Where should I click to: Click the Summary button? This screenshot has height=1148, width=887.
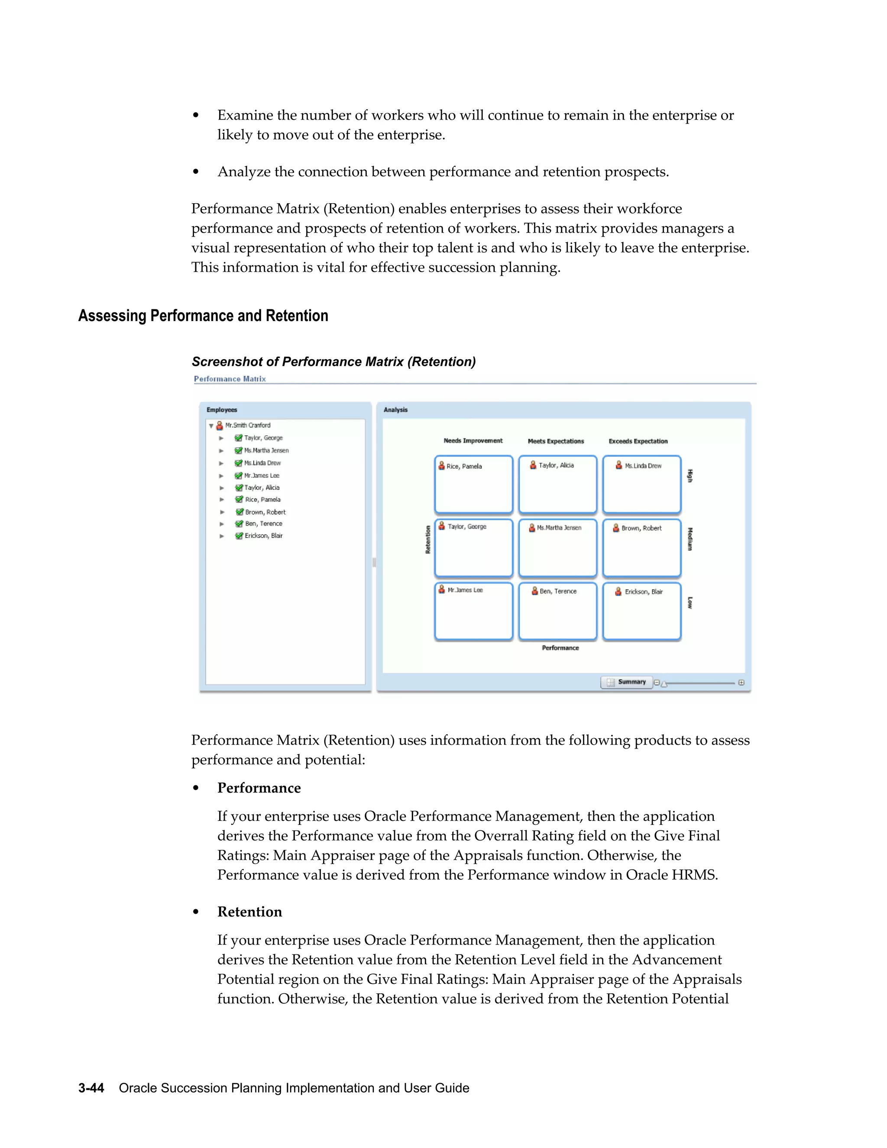pos(626,682)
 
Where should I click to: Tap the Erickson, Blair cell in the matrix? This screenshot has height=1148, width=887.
pos(641,611)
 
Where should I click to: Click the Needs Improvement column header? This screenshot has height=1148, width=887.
pos(473,441)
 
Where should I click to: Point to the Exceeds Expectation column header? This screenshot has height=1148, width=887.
pos(638,441)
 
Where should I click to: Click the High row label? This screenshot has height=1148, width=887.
pos(690,476)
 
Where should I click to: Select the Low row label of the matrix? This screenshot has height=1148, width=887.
pos(690,603)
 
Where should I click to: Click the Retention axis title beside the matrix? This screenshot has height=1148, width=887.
pos(428,539)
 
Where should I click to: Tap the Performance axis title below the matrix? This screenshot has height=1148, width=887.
pos(560,648)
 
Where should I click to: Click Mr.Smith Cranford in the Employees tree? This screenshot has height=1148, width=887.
pos(247,425)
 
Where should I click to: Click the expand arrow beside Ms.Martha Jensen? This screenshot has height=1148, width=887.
pos(221,451)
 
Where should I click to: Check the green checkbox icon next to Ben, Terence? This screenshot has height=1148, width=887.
pos(239,524)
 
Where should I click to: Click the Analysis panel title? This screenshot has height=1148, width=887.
pos(395,410)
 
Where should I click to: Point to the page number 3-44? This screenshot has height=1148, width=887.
pos(91,1088)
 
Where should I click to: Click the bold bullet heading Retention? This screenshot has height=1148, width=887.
pos(249,912)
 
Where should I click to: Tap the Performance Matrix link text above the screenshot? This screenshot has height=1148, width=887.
pos(230,379)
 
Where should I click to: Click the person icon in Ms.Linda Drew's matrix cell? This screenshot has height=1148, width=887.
pos(619,465)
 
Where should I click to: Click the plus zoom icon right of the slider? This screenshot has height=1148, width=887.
pos(741,682)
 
